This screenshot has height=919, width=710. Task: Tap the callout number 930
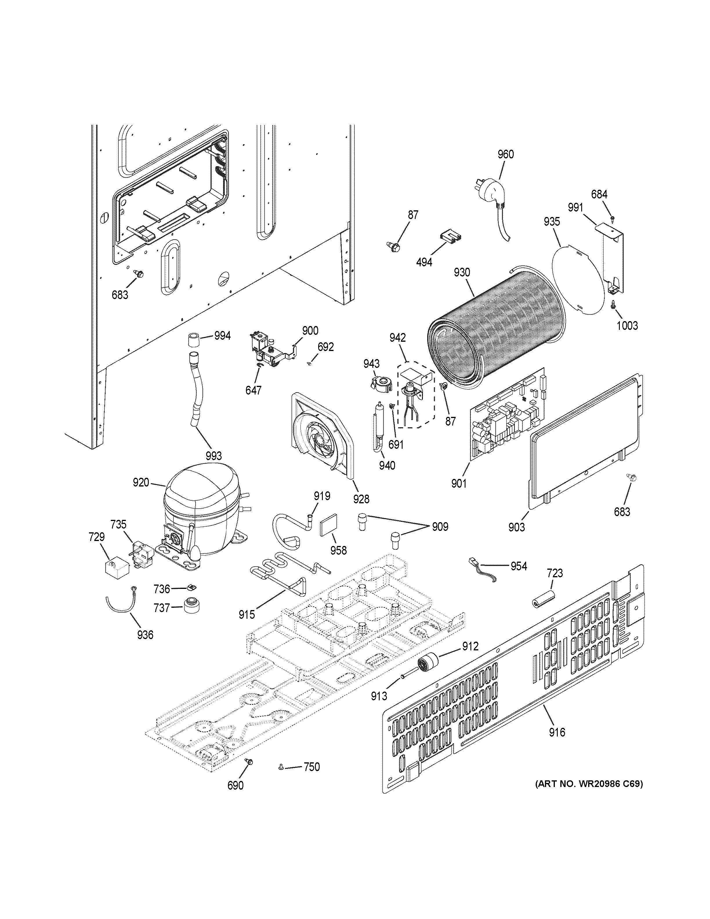coord(462,272)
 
